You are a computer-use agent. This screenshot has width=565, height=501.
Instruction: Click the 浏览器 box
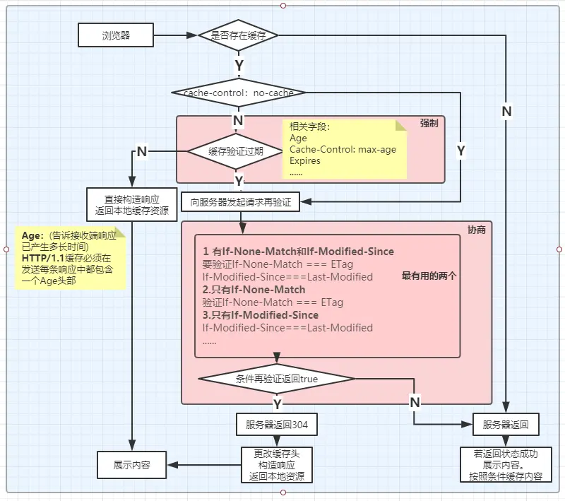(x=116, y=34)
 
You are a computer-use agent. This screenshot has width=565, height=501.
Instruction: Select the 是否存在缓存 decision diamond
(x=238, y=34)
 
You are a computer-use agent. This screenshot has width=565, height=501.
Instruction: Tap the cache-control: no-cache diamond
(x=238, y=93)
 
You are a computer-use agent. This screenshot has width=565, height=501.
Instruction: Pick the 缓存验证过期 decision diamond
(x=236, y=151)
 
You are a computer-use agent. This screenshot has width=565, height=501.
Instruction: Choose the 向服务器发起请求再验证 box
(x=240, y=202)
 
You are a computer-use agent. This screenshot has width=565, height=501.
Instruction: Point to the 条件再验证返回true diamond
(x=275, y=379)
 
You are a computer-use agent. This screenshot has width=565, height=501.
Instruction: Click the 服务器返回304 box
(x=276, y=425)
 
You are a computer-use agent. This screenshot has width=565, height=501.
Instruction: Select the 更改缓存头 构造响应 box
(x=276, y=465)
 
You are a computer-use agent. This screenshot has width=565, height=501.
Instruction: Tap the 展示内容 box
(x=132, y=465)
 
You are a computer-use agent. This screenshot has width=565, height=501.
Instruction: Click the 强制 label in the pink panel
(x=429, y=123)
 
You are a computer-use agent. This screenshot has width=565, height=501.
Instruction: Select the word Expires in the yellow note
(x=305, y=160)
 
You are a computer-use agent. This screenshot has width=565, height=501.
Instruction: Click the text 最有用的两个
(x=429, y=276)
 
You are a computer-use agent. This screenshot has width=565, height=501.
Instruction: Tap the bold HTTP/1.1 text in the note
(x=44, y=259)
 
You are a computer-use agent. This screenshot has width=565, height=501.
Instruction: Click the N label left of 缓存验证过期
(x=142, y=151)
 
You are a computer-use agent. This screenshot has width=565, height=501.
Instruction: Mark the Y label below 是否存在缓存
(x=239, y=64)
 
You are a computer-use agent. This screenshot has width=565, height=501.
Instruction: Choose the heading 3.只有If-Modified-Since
(x=261, y=315)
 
